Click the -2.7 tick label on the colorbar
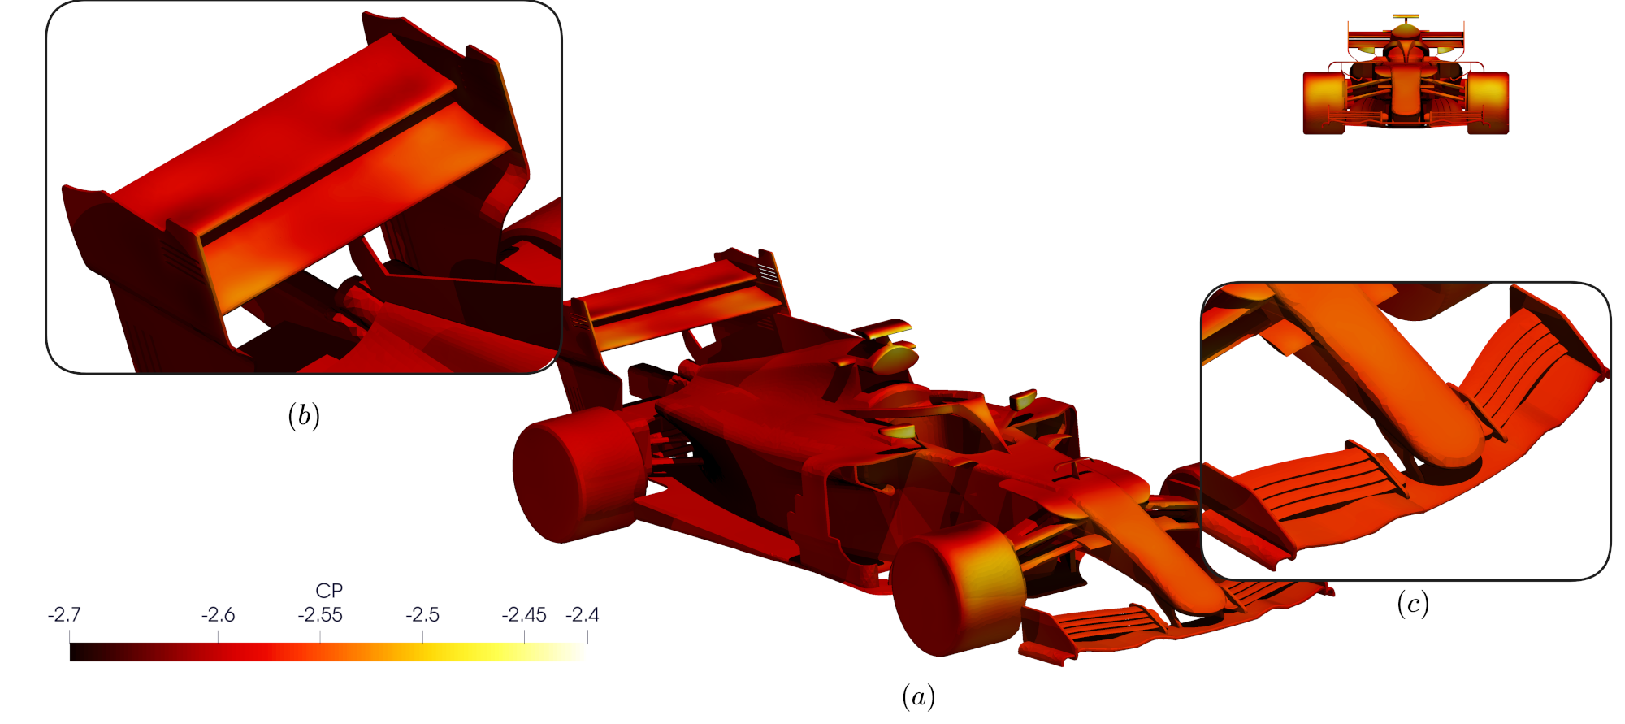coord(64,614)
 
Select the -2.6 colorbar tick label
coord(218,614)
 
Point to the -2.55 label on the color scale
coord(320,614)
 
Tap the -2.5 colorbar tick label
coord(422,614)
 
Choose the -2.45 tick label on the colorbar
coord(524,614)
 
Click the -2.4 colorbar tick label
coord(583,614)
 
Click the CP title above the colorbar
coord(329,591)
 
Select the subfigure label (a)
coord(918,696)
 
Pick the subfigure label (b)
coord(303,415)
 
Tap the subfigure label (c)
coord(1413,604)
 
